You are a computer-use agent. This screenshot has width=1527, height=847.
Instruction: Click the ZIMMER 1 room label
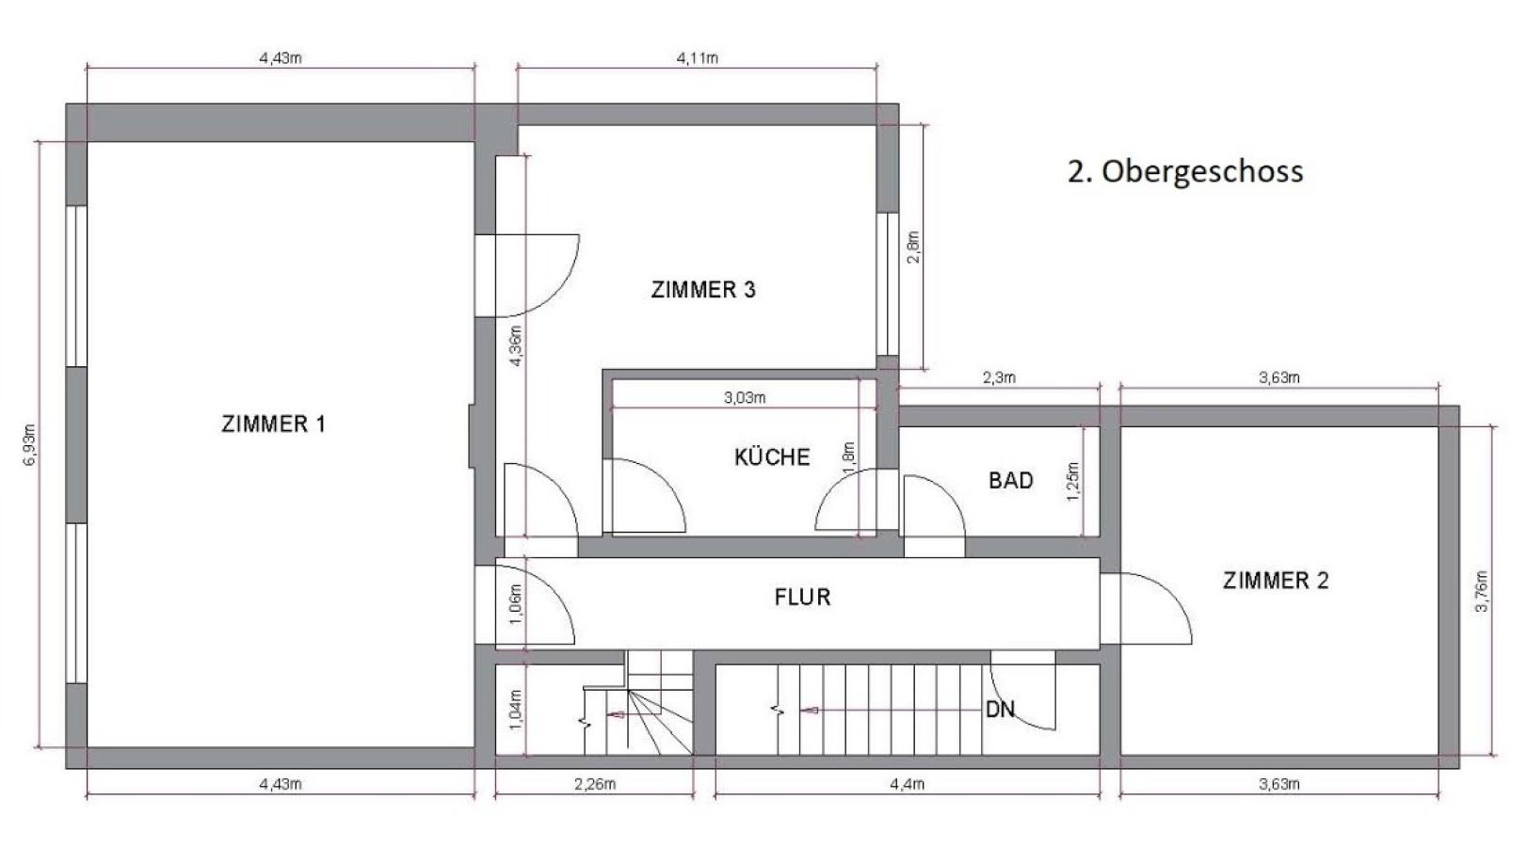tap(273, 424)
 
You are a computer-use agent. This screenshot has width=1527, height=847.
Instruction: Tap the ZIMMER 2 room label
tap(1276, 581)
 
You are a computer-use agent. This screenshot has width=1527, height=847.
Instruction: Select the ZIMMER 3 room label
tap(703, 290)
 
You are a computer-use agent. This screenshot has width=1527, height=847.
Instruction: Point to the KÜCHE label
tap(772, 457)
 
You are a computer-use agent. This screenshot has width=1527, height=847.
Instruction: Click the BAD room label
tap(1011, 481)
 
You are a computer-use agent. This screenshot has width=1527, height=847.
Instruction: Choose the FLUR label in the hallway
tap(802, 598)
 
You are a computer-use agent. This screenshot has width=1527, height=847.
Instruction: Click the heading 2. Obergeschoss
tap(1185, 171)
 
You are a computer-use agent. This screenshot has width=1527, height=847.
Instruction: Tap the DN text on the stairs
tap(1000, 710)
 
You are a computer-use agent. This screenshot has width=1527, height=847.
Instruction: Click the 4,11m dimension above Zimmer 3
tap(698, 58)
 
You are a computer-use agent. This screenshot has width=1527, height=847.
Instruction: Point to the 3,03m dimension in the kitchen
tap(745, 398)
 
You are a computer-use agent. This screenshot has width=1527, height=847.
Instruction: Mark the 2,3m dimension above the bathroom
tap(999, 378)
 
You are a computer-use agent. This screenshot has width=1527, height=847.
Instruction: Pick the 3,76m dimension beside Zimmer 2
tap(1482, 592)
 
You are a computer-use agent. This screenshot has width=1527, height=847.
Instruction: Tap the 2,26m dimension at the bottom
tap(595, 784)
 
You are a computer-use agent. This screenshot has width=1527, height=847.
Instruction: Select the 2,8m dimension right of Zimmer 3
tap(913, 247)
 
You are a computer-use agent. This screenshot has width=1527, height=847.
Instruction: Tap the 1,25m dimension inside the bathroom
tap(1073, 482)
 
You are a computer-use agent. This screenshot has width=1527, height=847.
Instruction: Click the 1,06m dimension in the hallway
tap(515, 604)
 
